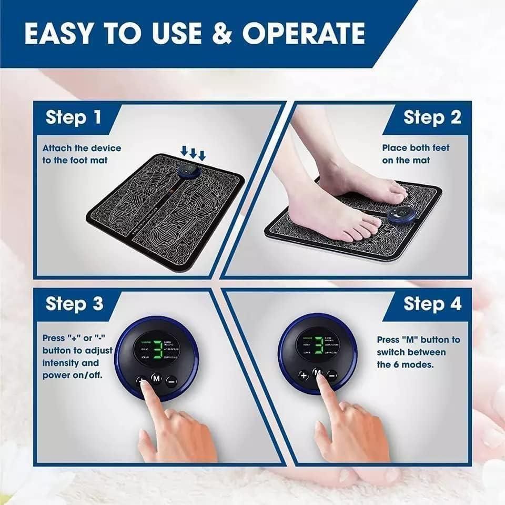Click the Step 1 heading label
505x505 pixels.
[x=73, y=117]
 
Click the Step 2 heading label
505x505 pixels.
[x=432, y=117]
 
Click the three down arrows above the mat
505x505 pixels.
[x=193, y=152]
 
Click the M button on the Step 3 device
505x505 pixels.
[x=156, y=378]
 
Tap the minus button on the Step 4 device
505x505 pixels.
[x=332, y=375]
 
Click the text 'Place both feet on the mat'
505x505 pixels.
[x=416, y=154]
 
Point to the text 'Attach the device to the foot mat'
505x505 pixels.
[x=82, y=154]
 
